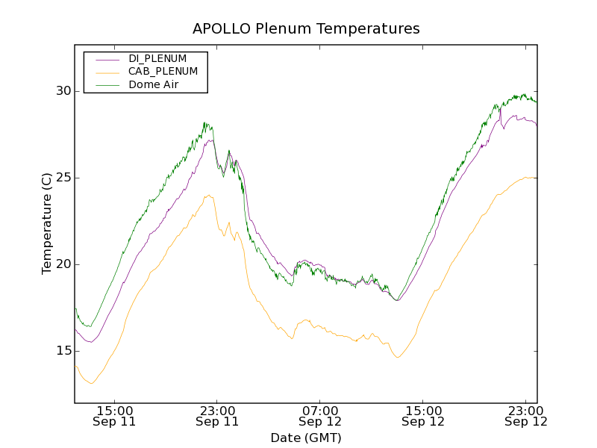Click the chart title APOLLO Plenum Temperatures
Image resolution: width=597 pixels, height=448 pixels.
[x=306, y=29]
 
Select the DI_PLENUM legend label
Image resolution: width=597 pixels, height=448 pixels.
[x=157, y=58]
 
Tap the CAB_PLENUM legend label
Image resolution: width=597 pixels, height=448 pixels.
[x=163, y=72]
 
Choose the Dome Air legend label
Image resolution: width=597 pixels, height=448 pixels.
[x=154, y=85]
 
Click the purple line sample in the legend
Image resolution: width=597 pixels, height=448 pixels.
[x=107, y=59]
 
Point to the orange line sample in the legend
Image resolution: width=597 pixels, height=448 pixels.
[x=107, y=72]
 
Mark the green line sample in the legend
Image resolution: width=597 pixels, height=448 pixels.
[x=107, y=86]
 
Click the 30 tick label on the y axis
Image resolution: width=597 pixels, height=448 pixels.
[x=62, y=91]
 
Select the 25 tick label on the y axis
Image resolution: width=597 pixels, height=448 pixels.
[x=62, y=178]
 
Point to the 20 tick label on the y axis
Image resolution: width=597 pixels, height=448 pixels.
[x=62, y=264]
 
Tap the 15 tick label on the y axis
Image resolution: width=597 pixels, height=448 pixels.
[x=62, y=351]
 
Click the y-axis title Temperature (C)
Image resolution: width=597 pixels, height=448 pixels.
[x=47, y=223]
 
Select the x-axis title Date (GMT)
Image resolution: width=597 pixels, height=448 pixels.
[x=306, y=438]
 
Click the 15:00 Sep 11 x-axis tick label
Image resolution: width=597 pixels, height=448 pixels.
[x=114, y=416]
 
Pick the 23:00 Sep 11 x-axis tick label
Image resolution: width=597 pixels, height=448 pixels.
[x=217, y=416]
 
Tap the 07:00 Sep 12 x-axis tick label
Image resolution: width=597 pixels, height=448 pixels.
[x=320, y=416]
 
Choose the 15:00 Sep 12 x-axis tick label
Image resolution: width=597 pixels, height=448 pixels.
[x=423, y=416]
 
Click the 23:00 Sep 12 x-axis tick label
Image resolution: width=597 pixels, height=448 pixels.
[x=526, y=416]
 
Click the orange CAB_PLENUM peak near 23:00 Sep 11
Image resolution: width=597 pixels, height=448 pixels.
[x=208, y=196]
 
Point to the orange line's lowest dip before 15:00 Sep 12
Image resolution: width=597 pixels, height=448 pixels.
[x=398, y=357]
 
